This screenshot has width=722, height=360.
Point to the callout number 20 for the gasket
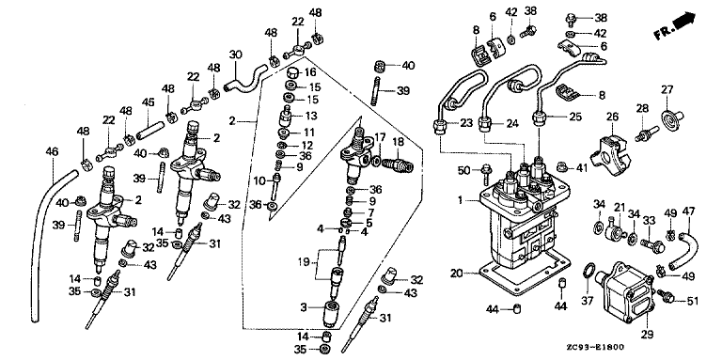(x=456, y=274)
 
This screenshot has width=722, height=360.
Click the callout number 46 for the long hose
(x=53, y=151)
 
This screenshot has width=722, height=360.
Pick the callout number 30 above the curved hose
(x=235, y=55)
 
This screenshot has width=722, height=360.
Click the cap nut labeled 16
(x=293, y=73)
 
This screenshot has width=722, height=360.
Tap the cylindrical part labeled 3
(x=332, y=313)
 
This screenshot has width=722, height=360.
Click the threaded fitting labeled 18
(x=399, y=162)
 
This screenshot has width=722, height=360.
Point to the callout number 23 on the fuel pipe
(x=466, y=123)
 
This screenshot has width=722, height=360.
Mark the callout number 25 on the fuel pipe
(x=575, y=117)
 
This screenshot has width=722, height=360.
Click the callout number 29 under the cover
(x=647, y=335)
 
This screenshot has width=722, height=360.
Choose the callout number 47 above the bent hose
(x=688, y=211)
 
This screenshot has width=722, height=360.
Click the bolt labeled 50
(x=484, y=173)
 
